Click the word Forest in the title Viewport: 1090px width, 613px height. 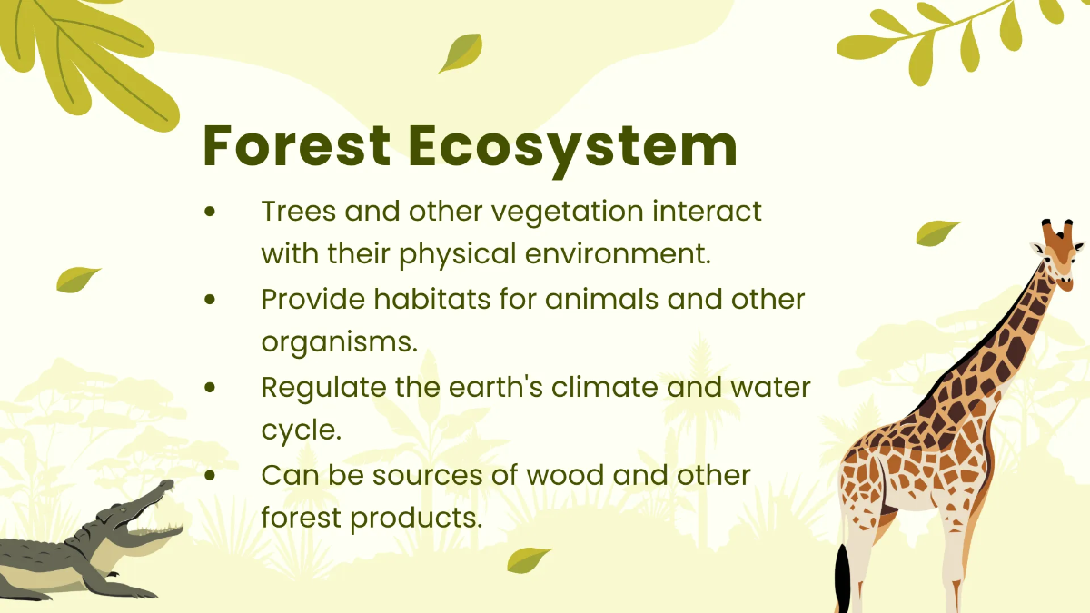pos(297,146)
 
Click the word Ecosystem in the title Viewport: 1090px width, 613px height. pos(572,146)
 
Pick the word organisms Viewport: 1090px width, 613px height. pos(339,342)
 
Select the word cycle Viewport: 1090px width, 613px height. pos(301,430)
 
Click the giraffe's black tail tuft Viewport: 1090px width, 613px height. pos(843,578)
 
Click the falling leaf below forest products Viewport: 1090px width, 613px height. pos(529,559)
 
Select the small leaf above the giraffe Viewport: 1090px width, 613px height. pos(936,232)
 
